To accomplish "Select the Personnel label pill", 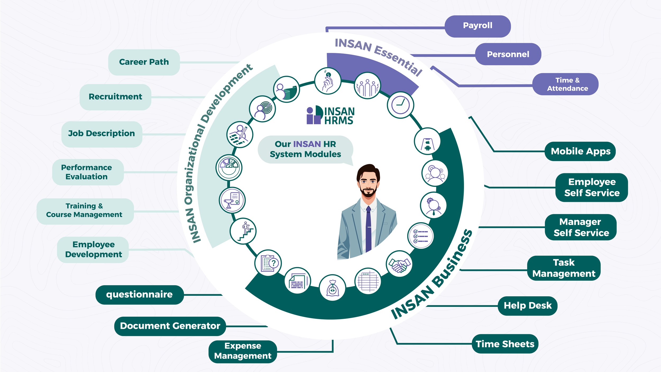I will pyautogui.click(x=508, y=54).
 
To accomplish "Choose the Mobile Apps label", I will pyautogui.click(x=580, y=151).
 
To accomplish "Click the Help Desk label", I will pyautogui.click(x=527, y=306).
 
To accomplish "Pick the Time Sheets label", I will pyautogui.click(x=505, y=344).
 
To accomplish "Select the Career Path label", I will pyautogui.click(x=144, y=62).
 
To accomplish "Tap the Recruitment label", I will pyautogui.click(x=115, y=97).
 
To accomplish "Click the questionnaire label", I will pyautogui.click(x=139, y=294).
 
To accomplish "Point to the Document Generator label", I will pyautogui.click(x=170, y=326).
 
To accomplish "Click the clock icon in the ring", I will pyautogui.click(x=400, y=105).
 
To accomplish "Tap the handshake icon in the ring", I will pyautogui.click(x=399, y=264).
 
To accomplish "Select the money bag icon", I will pyautogui.click(x=332, y=288).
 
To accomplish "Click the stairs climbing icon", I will pyautogui.click(x=243, y=231).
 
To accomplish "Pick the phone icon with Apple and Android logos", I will pyautogui.click(x=427, y=141).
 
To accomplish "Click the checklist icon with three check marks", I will pyautogui.click(x=420, y=235).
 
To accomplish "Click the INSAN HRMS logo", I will pyautogui.click(x=330, y=115).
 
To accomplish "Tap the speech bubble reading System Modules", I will pyautogui.click(x=305, y=149).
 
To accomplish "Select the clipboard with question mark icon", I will pyautogui.click(x=268, y=263).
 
